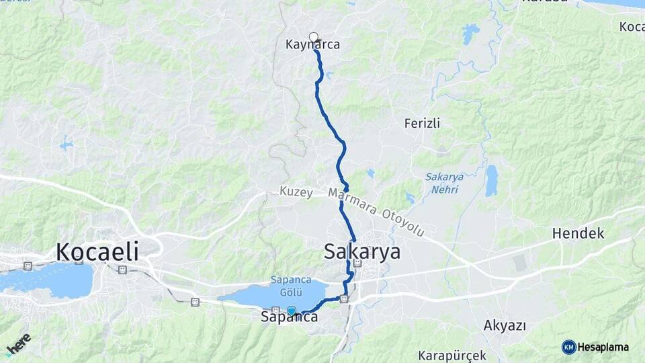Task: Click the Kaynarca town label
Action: tap(312, 45)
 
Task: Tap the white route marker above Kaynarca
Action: tap(313, 36)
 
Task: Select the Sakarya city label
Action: tap(362, 251)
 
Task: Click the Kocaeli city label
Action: tap(97, 251)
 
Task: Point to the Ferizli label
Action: tap(422, 123)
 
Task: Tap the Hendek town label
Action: tap(578, 233)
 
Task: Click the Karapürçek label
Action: tap(451, 354)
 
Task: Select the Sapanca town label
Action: tap(289, 318)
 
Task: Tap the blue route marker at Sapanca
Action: tap(292, 310)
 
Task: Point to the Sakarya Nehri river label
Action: tap(444, 182)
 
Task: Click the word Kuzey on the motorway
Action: tap(296, 193)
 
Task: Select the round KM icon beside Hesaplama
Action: tap(568, 347)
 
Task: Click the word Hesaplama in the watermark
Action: tap(603, 348)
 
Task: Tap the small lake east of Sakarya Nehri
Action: tap(492, 180)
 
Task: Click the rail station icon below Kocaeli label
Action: tap(122, 270)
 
